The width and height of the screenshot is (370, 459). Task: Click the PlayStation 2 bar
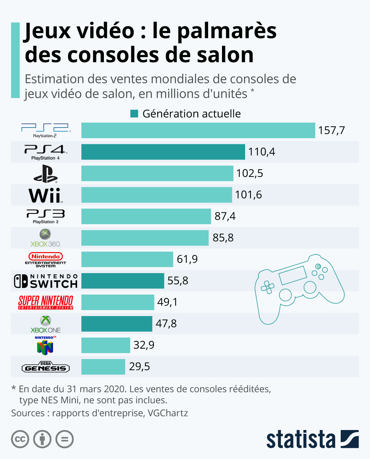point(198,130)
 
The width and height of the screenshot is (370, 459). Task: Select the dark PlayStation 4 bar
point(163,152)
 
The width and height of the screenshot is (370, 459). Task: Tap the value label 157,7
point(331,130)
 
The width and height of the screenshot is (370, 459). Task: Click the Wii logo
point(46,195)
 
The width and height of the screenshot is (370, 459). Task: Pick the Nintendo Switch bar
point(123,281)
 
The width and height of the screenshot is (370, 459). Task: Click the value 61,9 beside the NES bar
point(187,259)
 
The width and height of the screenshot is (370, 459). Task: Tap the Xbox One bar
point(117,324)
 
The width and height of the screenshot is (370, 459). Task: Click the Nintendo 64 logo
point(45,346)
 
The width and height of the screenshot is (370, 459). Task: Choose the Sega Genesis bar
point(103,367)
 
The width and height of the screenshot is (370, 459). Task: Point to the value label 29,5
point(139,367)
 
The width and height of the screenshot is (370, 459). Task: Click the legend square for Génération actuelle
point(134,114)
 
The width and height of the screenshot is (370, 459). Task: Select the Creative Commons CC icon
point(20,439)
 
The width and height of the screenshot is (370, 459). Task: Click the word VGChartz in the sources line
point(168,413)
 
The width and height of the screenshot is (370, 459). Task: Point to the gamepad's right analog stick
point(310,287)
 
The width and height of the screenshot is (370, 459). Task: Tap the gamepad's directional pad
point(267,287)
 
